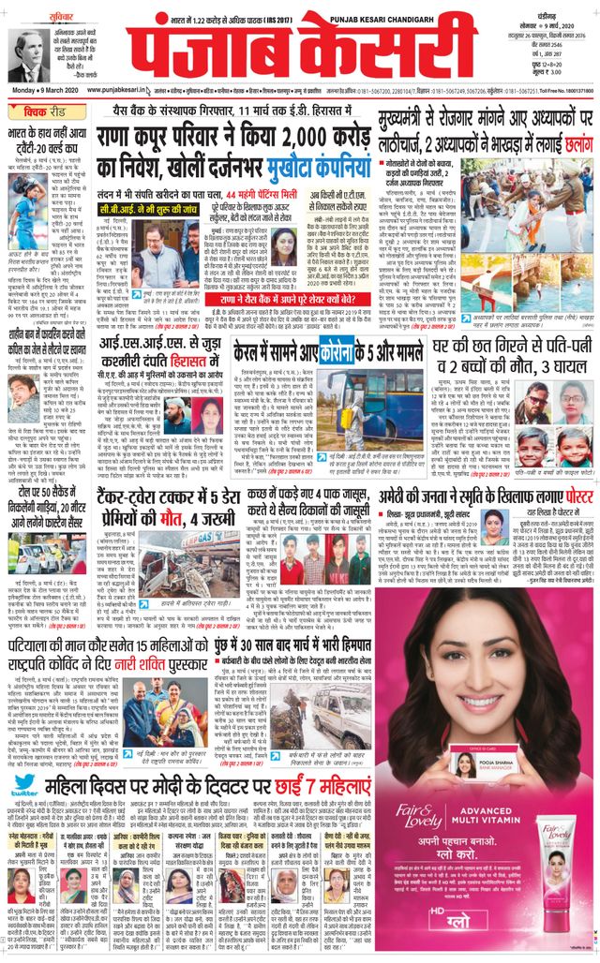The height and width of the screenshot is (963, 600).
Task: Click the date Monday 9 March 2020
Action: (40, 89)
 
